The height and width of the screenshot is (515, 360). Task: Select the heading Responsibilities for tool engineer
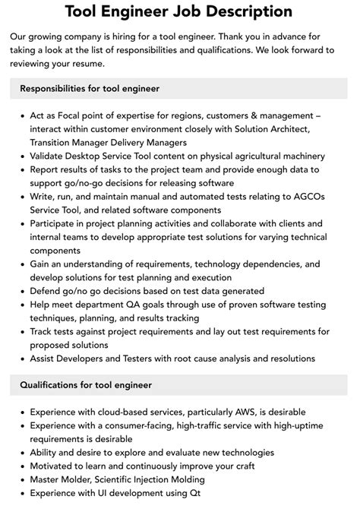click(90, 88)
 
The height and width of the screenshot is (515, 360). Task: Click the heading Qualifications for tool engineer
click(86, 385)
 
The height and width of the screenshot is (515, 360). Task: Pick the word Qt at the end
click(193, 492)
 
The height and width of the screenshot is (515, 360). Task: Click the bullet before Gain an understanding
click(21, 264)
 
